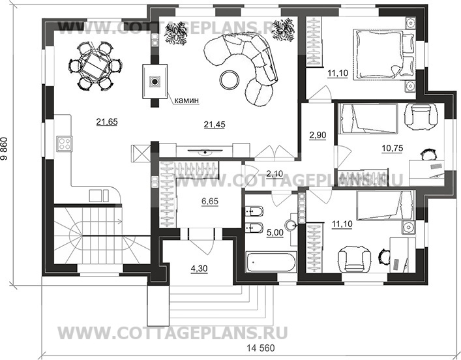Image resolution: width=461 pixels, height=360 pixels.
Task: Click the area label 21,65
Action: (x=107, y=122)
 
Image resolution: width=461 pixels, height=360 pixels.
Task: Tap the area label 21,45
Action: (x=215, y=125)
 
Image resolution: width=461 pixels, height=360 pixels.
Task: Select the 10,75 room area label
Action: (x=392, y=148)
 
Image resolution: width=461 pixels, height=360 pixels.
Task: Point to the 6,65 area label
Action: (x=210, y=202)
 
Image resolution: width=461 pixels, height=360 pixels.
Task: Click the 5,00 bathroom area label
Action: (x=275, y=233)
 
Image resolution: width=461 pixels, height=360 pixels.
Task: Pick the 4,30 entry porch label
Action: (x=199, y=269)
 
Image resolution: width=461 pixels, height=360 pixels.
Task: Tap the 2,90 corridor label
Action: (x=318, y=135)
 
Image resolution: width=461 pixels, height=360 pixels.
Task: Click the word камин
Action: (x=186, y=100)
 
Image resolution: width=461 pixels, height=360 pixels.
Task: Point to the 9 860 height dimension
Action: (x=5, y=149)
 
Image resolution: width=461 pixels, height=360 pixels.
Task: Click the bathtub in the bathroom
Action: (x=271, y=262)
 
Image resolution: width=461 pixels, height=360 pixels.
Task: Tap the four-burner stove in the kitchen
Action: (x=65, y=143)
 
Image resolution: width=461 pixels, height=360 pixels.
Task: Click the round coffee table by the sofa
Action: (x=230, y=80)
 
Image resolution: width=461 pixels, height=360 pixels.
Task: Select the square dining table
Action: (x=96, y=65)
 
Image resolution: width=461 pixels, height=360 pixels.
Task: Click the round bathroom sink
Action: (x=292, y=225)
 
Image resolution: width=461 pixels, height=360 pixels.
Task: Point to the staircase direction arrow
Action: (x=102, y=220)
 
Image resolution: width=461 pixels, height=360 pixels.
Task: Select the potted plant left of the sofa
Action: (x=175, y=33)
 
